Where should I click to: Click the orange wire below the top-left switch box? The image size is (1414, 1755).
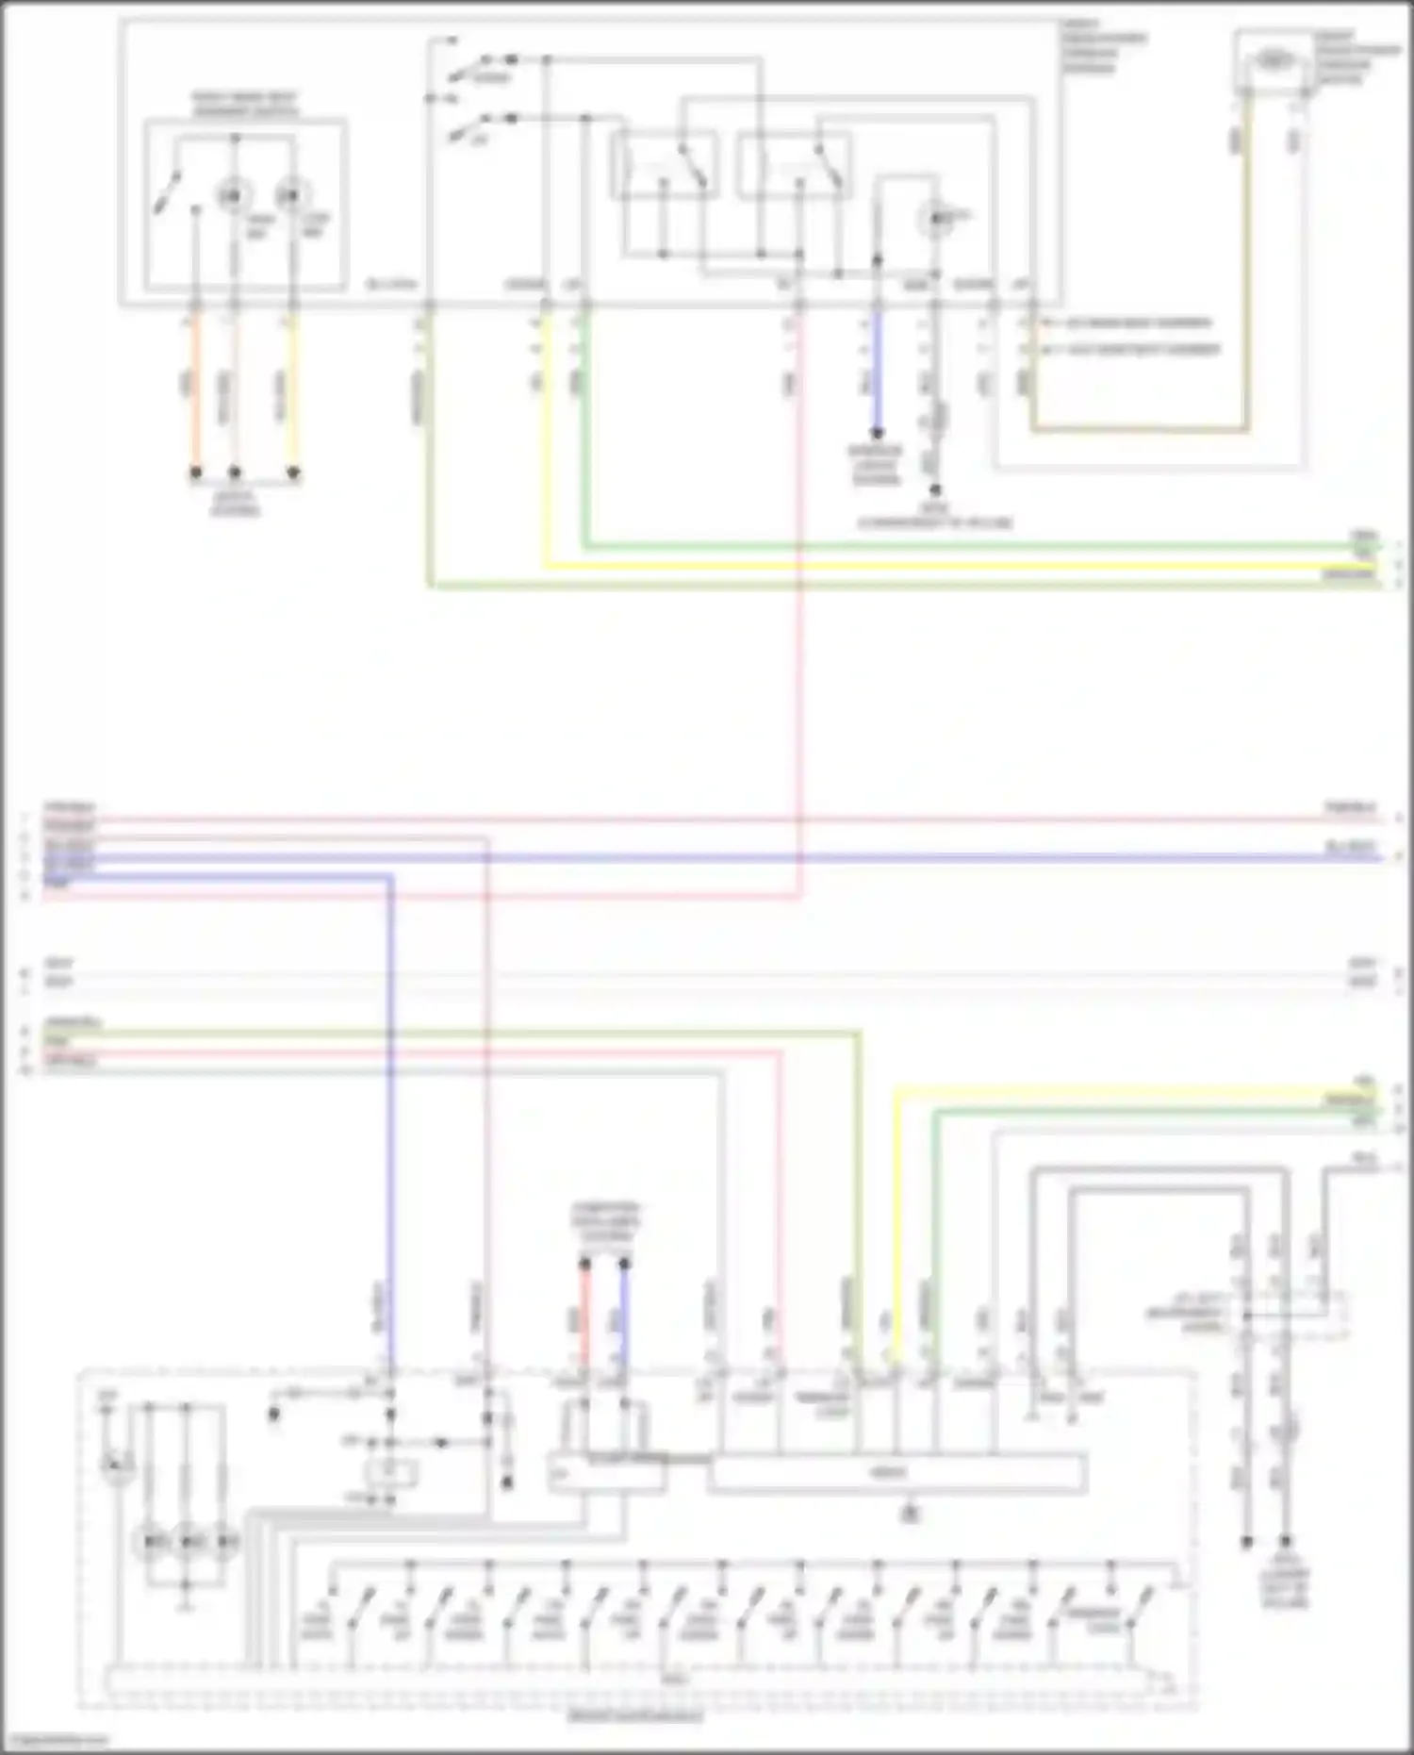(x=196, y=396)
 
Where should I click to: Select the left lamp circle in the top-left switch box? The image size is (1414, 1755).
(x=231, y=196)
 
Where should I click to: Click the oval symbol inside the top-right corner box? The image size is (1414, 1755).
(x=1274, y=61)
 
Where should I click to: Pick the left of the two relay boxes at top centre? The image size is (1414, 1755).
(x=664, y=165)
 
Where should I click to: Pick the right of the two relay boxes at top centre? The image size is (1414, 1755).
(x=795, y=165)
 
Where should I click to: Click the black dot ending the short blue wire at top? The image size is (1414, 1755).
(x=877, y=435)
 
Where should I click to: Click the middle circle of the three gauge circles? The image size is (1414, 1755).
(x=187, y=1542)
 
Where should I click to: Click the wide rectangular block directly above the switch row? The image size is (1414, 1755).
(x=896, y=1473)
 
